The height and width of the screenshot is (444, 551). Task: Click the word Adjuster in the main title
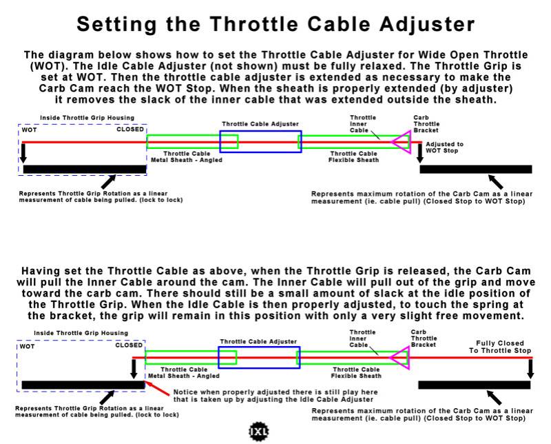pos(421,25)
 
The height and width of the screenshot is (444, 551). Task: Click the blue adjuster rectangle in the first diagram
pos(260,141)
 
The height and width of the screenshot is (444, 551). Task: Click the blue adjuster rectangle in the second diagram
pos(259,357)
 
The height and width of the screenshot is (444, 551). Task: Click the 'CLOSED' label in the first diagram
pos(130,129)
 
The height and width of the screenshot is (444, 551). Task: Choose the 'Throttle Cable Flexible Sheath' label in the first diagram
pos(354,157)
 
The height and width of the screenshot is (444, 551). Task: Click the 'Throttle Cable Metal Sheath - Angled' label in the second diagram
pos(188,372)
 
